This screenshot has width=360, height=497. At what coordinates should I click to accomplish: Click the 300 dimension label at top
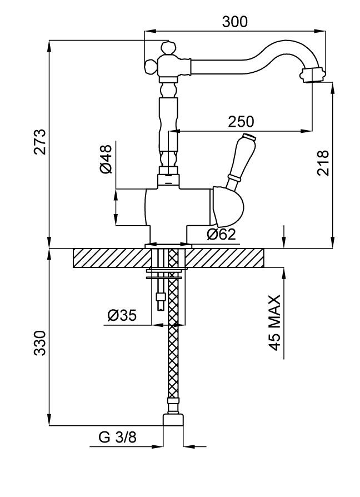pyautogui.click(x=234, y=22)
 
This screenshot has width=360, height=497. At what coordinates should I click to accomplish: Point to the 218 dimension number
pyautogui.click(x=323, y=163)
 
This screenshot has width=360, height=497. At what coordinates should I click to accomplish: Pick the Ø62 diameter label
pyautogui.click(x=221, y=235)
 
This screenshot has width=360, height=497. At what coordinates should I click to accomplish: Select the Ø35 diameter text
pyautogui.click(x=122, y=316)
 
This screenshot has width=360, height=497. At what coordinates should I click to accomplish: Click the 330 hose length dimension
pyautogui.click(x=38, y=344)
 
